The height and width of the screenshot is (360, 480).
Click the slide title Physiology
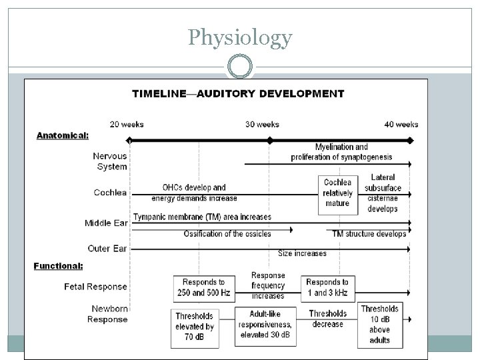click(x=239, y=37)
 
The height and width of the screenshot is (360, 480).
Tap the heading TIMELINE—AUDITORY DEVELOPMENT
click(x=238, y=93)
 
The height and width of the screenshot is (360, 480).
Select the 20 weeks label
click(x=127, y=124)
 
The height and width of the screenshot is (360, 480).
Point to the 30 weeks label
click(x=263, y=124)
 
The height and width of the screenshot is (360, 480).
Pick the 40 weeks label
click(x=401, y=124)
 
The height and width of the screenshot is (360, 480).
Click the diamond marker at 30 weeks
click(x=269, y=141)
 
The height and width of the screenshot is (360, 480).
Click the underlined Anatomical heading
click(x=62, y=135)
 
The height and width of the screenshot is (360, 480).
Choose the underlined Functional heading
click(x=59, y=265)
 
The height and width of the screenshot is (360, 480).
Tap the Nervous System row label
click(x=110, y=161)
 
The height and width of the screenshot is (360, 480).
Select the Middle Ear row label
click(x=107, y=223)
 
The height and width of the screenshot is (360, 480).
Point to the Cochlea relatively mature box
click(x=337, y=193)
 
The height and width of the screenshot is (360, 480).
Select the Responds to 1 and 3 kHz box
click(x=327, y=287)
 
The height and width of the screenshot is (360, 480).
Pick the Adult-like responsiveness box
click(x=265, y=326)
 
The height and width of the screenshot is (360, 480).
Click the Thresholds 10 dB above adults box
click(x=379, y=324)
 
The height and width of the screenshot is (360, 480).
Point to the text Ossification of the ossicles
click(x=227, y=234)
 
